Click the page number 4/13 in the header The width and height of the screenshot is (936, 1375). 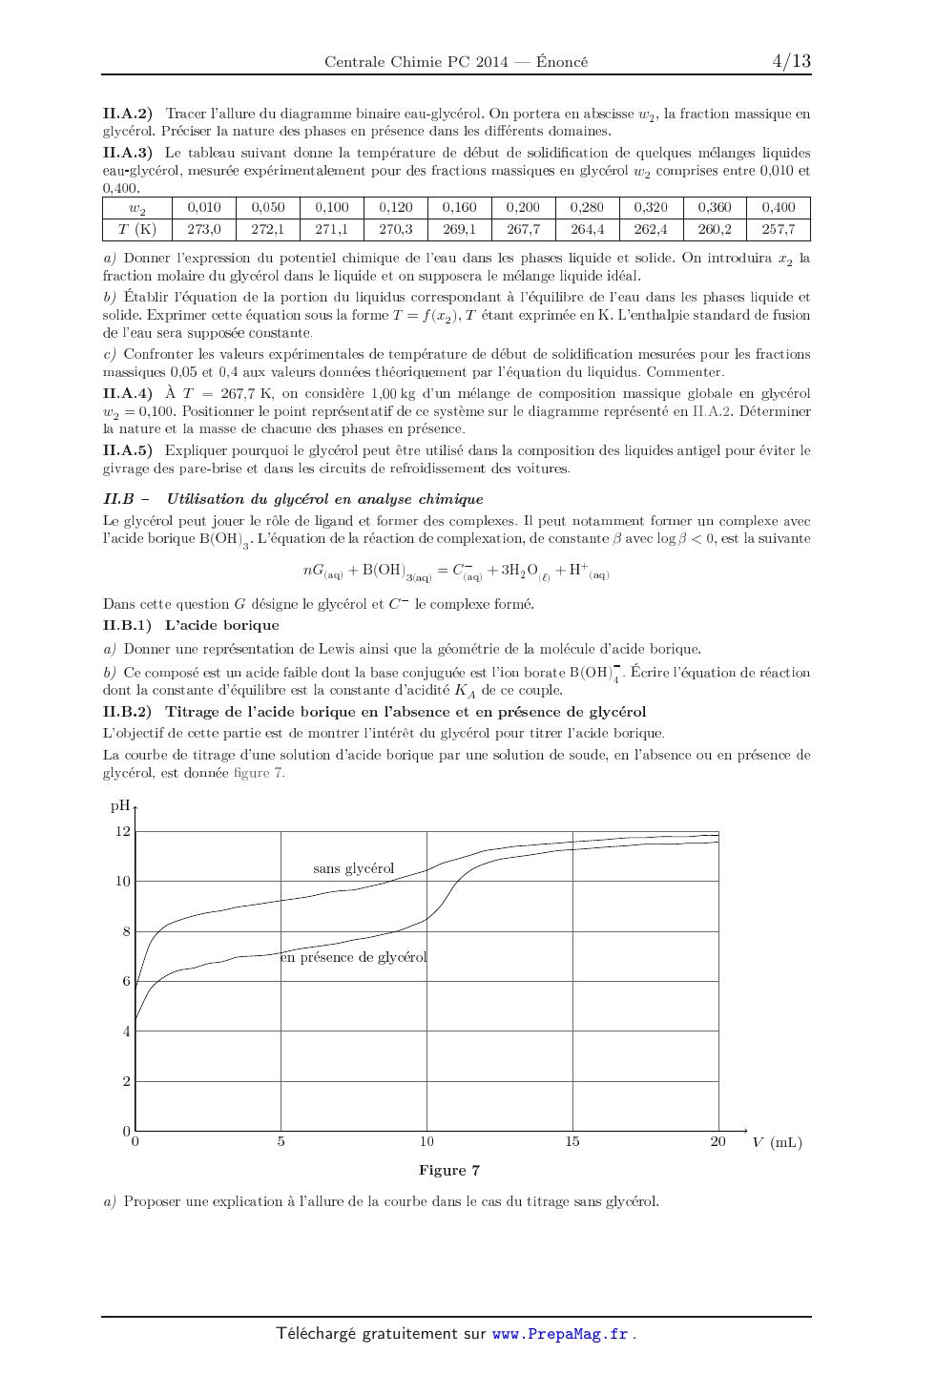[791, 61]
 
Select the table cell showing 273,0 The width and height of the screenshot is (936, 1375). [203, 229]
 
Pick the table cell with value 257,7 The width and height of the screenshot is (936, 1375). [778, 229]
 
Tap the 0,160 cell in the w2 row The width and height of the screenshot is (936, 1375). [459, 207]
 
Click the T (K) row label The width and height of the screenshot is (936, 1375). [136, 229]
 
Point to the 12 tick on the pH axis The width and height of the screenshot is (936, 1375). [123, 831]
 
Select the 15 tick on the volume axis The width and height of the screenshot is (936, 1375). [572, 1141]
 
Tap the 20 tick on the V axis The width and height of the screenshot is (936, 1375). [718, 1141]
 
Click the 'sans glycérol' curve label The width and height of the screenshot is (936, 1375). [353, 868]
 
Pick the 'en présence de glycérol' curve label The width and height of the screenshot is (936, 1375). [353, 957]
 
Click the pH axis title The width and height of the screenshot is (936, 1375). [119, 805]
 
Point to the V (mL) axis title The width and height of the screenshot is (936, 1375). [777, 1142]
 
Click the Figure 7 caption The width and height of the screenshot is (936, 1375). [448, 1171]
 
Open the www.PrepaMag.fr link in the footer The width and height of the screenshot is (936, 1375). [560, 1334]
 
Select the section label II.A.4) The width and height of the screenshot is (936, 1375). [127, 393]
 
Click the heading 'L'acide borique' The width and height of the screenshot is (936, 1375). [222, 626]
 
